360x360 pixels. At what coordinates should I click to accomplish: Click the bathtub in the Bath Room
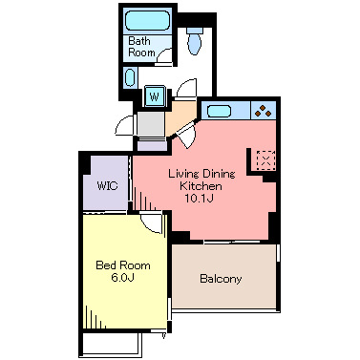click(147, 21)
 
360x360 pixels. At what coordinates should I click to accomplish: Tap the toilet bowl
click(194, 44)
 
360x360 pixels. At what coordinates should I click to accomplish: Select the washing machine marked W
click(155, 95)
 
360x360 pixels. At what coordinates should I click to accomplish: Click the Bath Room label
click(141, 47)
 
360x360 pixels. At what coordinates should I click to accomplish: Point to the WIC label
click(107, 185)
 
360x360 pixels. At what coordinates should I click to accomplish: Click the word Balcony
click(221, 279)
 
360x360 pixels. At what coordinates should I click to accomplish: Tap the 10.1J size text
click(199, 199)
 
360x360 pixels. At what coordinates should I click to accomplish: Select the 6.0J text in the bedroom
click(122, 277)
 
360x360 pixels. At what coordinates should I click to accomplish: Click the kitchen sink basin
click(219, 111)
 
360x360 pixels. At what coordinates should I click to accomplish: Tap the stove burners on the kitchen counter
click(264, 111)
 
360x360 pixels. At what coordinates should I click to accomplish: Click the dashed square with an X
click(265, 159)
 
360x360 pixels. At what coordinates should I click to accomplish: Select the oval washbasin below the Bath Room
click(130, 78)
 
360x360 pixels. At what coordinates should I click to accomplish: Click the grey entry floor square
click(151, 124)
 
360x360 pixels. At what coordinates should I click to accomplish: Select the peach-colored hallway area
click(180, 117)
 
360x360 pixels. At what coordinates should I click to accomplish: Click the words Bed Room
click(123, 265)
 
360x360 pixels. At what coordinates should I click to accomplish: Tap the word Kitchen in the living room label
click(201, 186)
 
